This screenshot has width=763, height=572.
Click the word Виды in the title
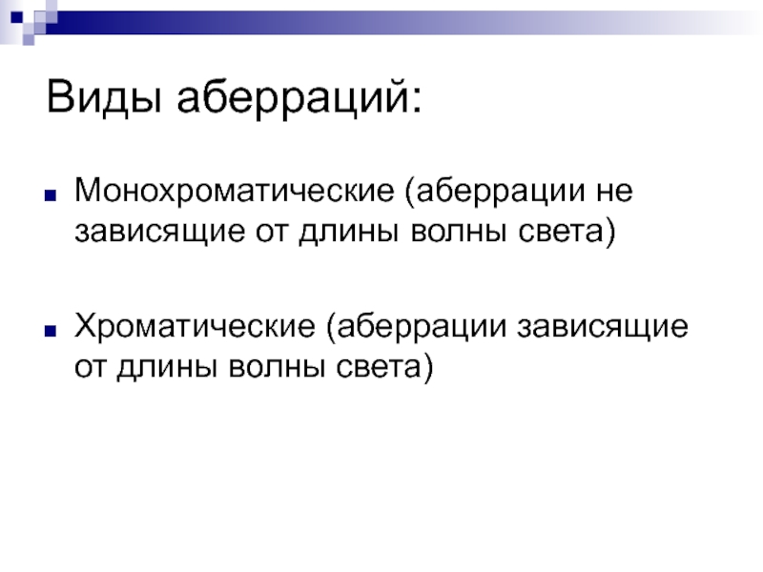coord(104,97)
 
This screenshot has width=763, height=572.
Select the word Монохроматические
coord(234,191)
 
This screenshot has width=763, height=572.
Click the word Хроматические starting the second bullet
coord(195,326)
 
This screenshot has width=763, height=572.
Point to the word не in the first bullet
coord(614,191)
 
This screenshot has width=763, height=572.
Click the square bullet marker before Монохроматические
coord(51,195)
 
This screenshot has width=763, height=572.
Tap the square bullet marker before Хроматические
coord(51,331)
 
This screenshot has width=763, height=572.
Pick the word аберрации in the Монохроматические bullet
coord(501,192)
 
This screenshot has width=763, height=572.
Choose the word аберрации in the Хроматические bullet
coord(422,327)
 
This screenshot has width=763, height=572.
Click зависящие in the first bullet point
coord(159,233)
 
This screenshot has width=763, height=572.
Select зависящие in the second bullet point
coord(603,327)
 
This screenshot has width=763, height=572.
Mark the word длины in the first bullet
coord(349,233)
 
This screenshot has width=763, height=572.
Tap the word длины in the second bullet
coord(167,368)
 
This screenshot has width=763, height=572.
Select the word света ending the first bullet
coord(561,232)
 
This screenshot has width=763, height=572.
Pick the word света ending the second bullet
coord(379,367)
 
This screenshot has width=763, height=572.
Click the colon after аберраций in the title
coord(416,102)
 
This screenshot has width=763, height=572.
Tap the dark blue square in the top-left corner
coord(16,17)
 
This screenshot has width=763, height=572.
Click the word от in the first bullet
coord(272,233)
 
